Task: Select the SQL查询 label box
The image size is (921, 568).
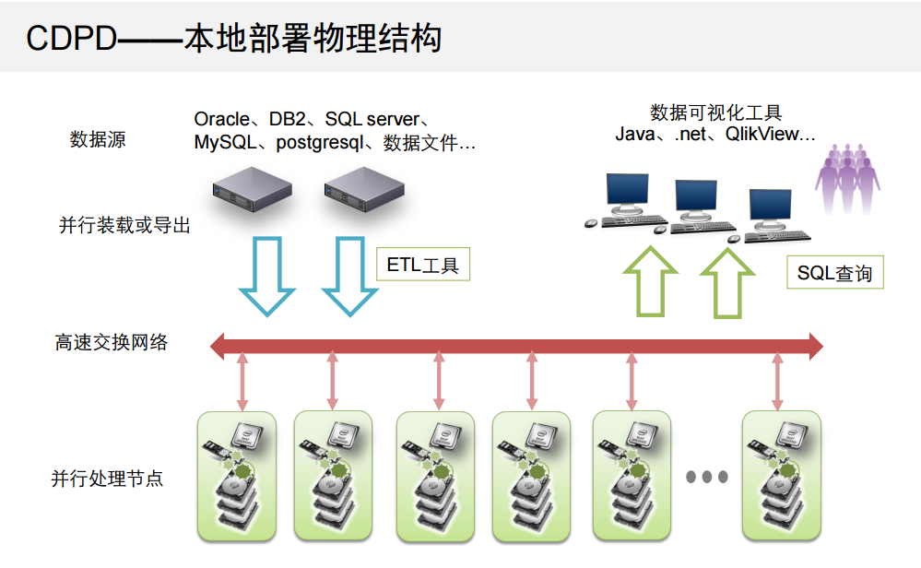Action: coord(834,273)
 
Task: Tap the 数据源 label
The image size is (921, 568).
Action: coord(98,140)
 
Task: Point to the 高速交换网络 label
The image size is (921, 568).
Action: coord(112,343)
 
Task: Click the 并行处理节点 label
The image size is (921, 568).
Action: coord(107,479)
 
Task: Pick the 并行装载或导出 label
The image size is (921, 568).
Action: coord(124,224)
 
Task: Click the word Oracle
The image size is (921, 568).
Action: coord(221,120)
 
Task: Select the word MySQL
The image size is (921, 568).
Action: coord(222,143)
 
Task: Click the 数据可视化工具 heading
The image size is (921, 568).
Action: coord(716,112)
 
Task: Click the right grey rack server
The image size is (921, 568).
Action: coord(364,191)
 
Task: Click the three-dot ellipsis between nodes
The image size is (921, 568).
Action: coord(707,477)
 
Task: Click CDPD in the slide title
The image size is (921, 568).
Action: coord(73,39)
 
